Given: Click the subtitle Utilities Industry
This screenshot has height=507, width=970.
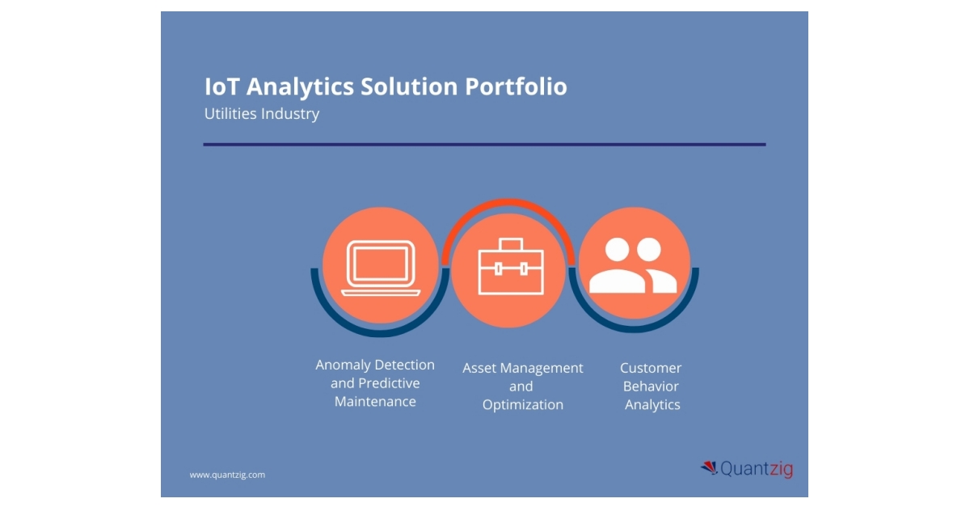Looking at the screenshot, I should (x=262, y=114).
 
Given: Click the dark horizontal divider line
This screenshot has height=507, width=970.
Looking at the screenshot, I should (x=484, y=145).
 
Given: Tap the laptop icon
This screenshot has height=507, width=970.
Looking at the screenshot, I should (x=381, y=268).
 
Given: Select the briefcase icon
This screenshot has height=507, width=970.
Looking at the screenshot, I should (x=510, y=268).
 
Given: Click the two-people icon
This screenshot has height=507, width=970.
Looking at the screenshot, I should (x=634, y=266).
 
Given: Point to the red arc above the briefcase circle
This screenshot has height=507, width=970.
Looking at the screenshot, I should (x=508, y=205).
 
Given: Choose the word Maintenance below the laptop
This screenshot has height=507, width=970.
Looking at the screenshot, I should (x=375, y=402).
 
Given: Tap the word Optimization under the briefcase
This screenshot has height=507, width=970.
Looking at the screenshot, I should (x=522, y=405).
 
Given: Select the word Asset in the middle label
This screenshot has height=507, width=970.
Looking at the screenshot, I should (x=479, y=368).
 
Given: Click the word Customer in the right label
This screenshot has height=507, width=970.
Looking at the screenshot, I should (x=651, y=368).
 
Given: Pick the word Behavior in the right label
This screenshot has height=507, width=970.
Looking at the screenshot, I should (x=651, y=387).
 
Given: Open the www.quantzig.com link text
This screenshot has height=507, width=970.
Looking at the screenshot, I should (x=227, y=475).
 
